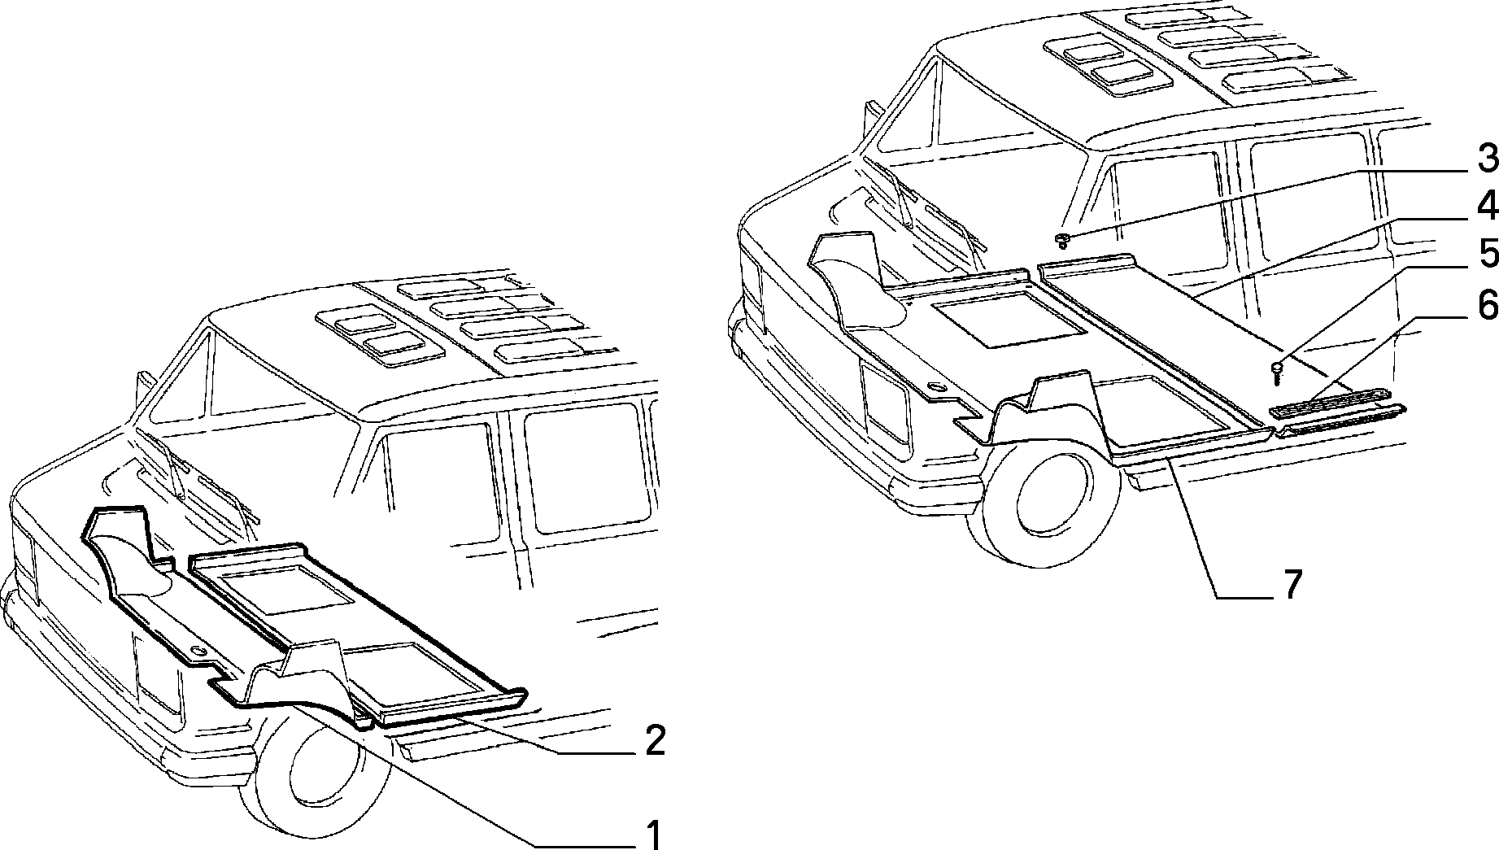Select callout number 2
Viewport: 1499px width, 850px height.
tap(655, 740)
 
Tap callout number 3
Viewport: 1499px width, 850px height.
tap(1488, 159)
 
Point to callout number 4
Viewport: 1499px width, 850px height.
tap(1488, 207)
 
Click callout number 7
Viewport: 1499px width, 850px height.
tap(1292, 584)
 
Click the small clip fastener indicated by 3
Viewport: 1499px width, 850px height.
tap(1062, 239)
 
